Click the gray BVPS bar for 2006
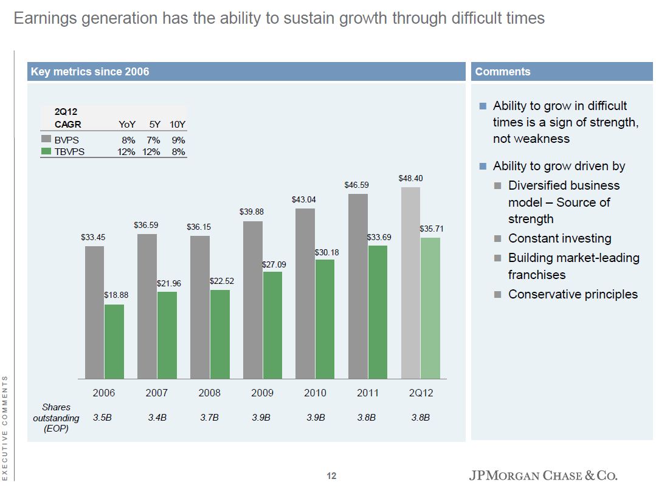click(94, 312)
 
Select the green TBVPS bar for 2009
click(272, 325)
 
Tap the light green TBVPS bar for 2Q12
click(430, 308)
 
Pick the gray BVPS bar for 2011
click(358, 286)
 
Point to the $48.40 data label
click(410, 178)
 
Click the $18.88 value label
click(116, 295)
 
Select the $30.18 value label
click(327, 252)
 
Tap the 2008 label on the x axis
click(210, 393)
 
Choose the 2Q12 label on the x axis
click(421, 393)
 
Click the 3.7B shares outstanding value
click(210, 418)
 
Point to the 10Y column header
click(178, 125)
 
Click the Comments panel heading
click(503, 72)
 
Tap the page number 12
click(331, 475)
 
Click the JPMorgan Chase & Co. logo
click(547, 475)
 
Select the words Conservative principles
click(573, 294)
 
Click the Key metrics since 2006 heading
click(90, 72)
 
